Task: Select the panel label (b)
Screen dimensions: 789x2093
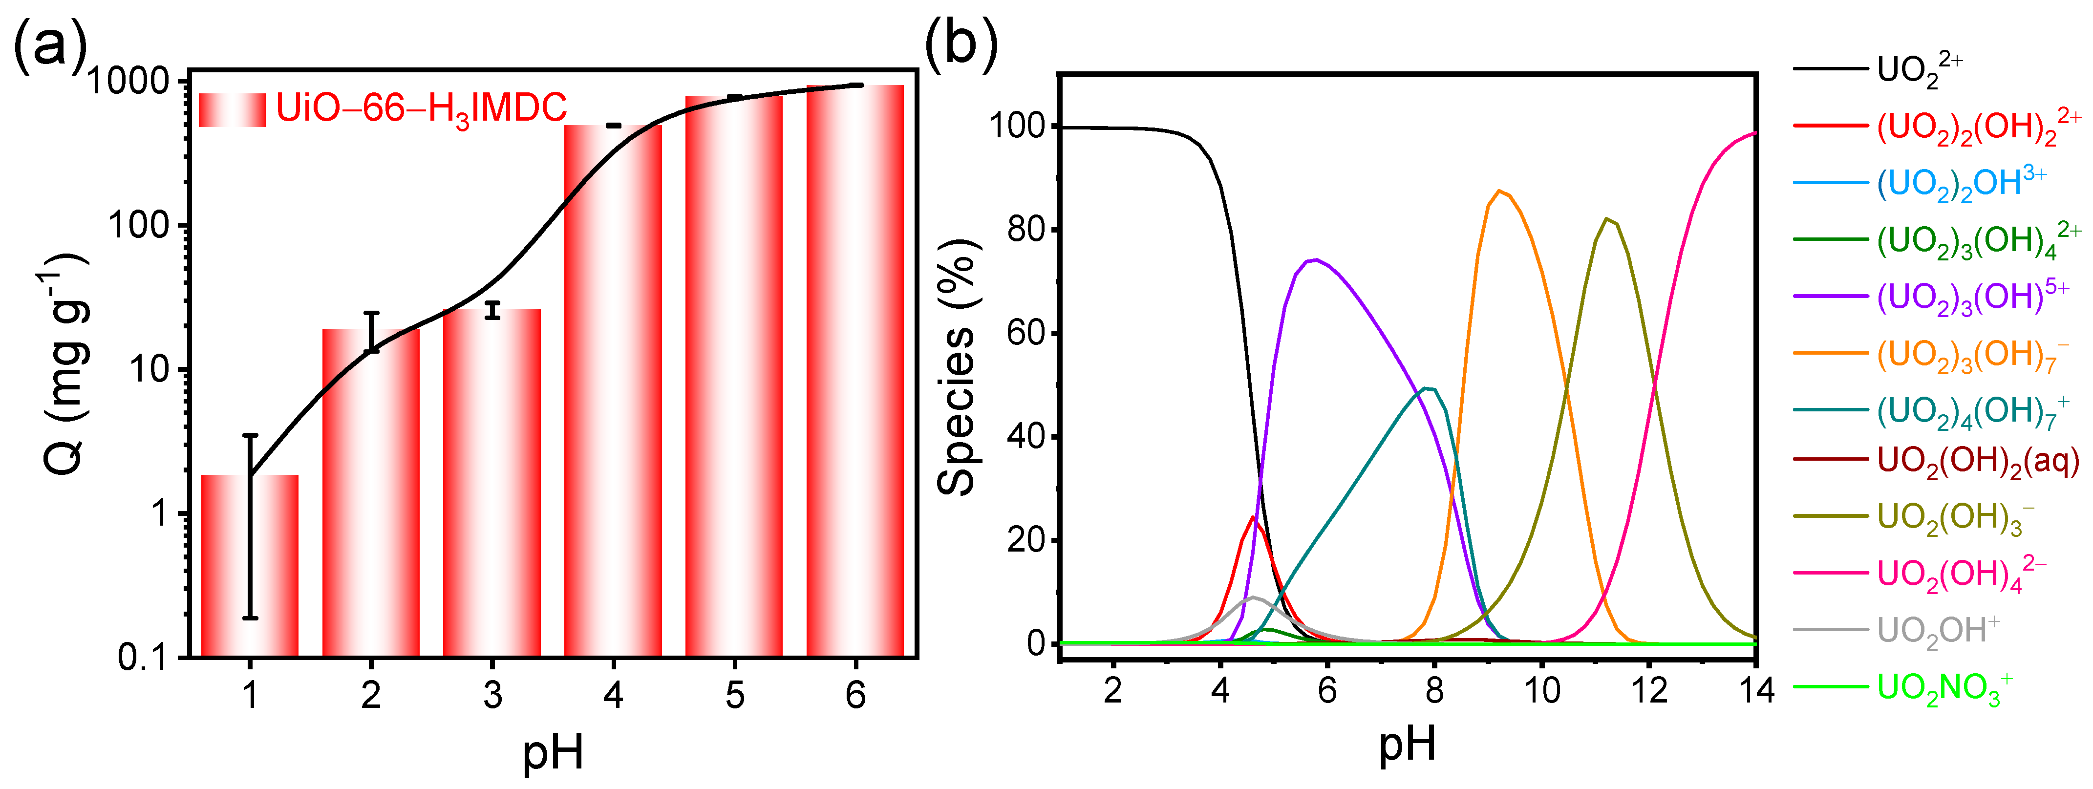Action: point(961,42)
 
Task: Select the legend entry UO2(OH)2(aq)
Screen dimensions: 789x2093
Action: point(1977,461)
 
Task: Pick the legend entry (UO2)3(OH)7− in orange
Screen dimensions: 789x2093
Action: point(1966,355)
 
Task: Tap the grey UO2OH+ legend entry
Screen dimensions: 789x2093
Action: point(1937,631)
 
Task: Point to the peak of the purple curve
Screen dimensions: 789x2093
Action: point(1315,260)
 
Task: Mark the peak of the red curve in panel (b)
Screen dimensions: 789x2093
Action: point(1254,517)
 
